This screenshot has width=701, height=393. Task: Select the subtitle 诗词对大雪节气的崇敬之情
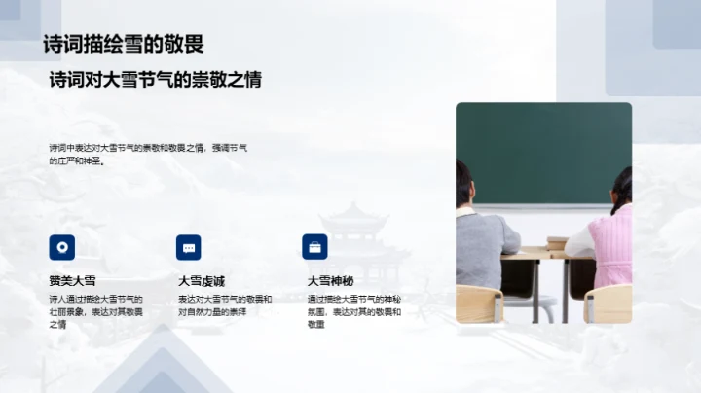156,80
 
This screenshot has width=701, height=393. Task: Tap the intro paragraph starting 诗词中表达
148,154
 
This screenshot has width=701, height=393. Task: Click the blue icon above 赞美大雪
61,246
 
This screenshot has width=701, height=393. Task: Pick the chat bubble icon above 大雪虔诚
189,246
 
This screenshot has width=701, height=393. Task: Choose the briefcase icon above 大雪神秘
314,246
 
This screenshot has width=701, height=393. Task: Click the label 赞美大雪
73,281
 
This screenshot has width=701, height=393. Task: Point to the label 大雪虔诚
202,281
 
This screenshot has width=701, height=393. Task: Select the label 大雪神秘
331,281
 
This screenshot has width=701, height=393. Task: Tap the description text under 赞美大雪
95,311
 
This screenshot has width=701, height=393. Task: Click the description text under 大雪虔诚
225,305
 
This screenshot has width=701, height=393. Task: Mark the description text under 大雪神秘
354,311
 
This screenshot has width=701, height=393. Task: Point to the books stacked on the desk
557,242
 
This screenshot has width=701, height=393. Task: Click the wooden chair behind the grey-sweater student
479,304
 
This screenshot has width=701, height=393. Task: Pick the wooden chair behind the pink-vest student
609,304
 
